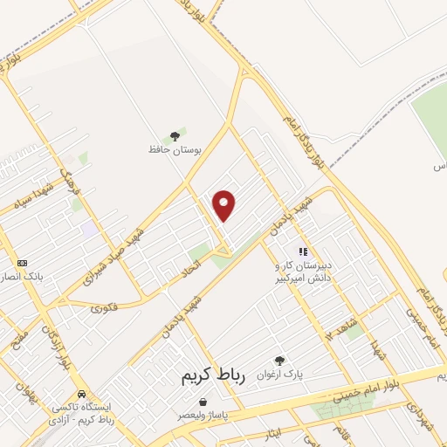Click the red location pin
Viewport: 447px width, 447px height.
pyautogui.click(x=225, y=205)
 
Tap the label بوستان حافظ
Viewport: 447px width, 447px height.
pyautogui.click(x=175, y=149)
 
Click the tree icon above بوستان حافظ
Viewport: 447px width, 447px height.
pyautogui.click(x=175, y=135)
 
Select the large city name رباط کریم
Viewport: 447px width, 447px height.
pyautogui.click(x=215, y=375)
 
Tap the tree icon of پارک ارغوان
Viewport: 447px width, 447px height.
pyautogui.click(x=279, y=360)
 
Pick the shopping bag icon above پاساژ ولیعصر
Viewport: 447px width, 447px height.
pyautogui.click(x=203, y=401)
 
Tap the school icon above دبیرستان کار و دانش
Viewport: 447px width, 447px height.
pyautogui.click(x=303, y=251)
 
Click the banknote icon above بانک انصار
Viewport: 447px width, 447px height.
pyautogui.click(x=22, y=263)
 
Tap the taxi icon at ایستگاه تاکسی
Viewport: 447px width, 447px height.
pyautogui.click(x=81, y=394)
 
